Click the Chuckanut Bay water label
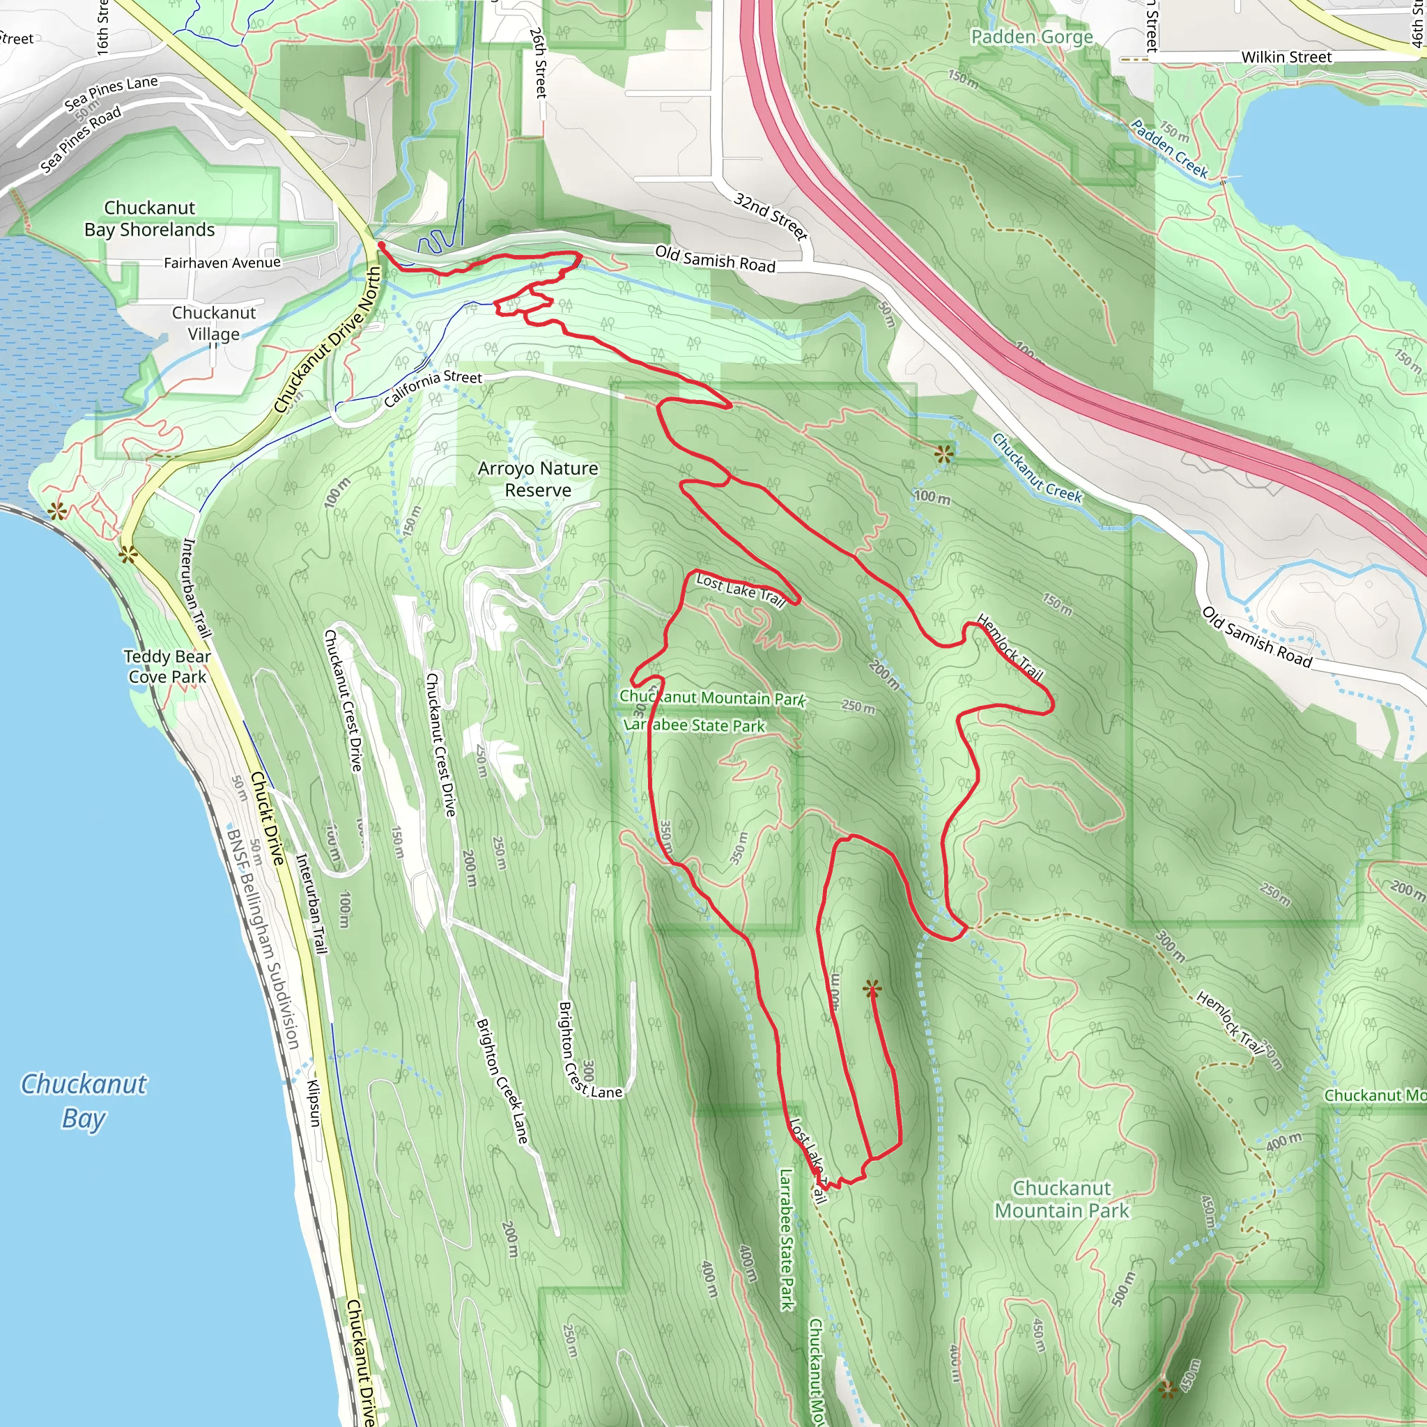tap(84, 1100)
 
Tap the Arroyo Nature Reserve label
tap(538, 479)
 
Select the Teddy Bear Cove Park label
tap(167, 666)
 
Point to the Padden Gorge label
tap(1031, 37)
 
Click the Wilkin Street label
tap(1286, 57)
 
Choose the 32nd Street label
tap(771, 216)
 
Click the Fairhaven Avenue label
tap(222, 262)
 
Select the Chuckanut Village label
tap(213, 323)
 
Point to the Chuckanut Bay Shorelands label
tap(149, 219)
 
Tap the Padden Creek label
tap(1169, 148)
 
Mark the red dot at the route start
tap(381, 245)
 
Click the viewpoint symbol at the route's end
tap(872, 988)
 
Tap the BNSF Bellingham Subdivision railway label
tap(263, 939)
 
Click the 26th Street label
tap(539, 63)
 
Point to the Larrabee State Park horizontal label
tap(694, 725)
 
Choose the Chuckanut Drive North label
tap(328, 341)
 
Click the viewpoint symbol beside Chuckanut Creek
tap(943, 454)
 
